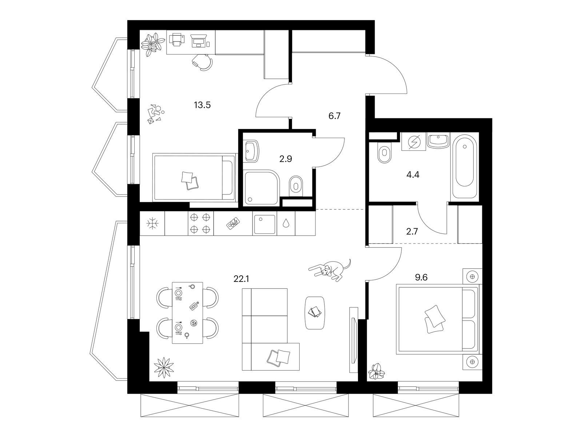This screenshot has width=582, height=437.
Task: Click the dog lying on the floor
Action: pyautogui.click(x=329, y=271)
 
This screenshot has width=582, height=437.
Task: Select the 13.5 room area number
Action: pyautogui.click(x=202, y=105)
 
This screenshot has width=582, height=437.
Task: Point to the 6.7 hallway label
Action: pyautogui.click(x=334, y=116)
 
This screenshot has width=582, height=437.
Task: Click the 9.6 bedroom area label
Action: pyautogui.click(x=421, y=277)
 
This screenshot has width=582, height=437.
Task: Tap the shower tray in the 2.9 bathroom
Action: pyautogui.click(x=261, y=188)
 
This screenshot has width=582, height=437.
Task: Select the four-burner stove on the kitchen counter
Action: pyautogui.click(x=200, y=223)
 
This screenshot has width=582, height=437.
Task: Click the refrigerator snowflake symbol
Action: pyautogui.click(x=152, y=223)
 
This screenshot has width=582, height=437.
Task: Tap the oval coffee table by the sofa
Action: pyautogui.click(x=315, y=313)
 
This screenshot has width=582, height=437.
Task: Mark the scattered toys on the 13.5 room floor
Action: pyautogui.click(x=155, y=114)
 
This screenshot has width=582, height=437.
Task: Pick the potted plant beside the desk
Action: pyautogui.click(x=152, y=44)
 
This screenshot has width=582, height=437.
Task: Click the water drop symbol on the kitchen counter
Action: pyautogui.click(x=286, y=224)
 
